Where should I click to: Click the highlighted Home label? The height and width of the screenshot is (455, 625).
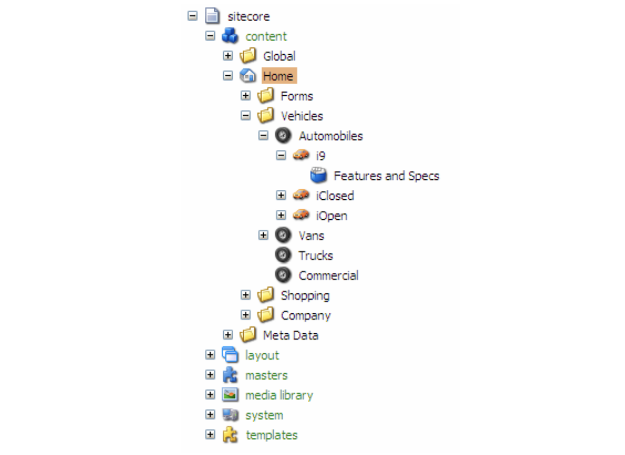point(278,76)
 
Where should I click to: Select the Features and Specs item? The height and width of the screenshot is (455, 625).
point(386,176)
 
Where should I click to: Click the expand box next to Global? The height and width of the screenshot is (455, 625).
point(228,56)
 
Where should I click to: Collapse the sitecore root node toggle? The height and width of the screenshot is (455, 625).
point(193,16)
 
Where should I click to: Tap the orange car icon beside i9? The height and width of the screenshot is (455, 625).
point(301,156)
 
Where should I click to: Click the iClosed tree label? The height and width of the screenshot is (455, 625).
point(335,196)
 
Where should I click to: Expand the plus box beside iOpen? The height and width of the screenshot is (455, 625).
point(281,216)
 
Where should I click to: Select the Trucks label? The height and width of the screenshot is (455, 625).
point(315,256)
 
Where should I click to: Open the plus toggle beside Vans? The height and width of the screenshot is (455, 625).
point(263,236)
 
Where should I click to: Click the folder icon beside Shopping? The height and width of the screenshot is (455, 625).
point(266,295)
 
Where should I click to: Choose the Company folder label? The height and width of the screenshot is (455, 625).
point(305,315)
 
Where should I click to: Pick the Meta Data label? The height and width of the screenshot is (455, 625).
point(290,335)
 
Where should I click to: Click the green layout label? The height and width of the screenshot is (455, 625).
point(262,355)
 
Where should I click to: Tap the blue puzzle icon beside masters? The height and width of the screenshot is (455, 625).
point(230,375)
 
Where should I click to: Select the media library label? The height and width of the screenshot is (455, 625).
point(279,395)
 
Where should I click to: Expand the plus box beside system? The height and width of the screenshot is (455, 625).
point(210,415)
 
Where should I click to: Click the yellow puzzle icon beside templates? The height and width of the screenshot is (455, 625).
point(230,435)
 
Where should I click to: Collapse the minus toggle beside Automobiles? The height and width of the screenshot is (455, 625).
point(263,136)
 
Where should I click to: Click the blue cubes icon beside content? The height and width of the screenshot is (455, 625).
point(230,36)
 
